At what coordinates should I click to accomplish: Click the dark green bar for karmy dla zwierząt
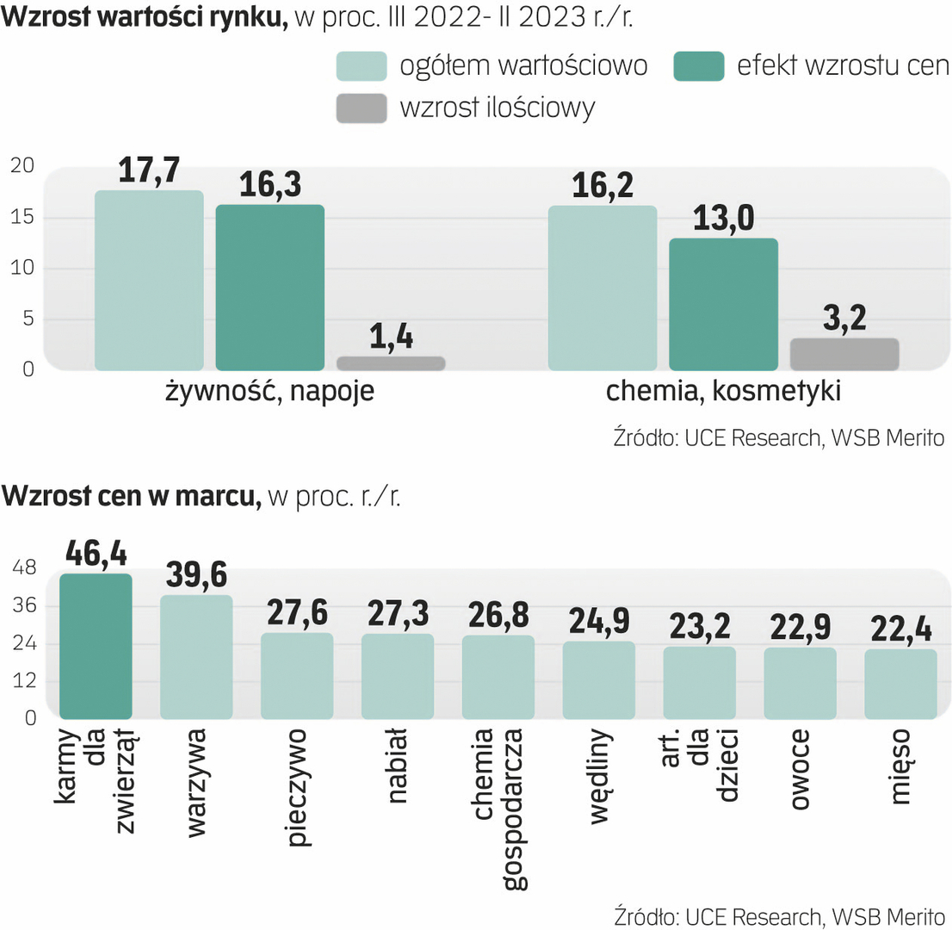point(96,646)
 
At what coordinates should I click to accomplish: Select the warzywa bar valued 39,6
point(196,657)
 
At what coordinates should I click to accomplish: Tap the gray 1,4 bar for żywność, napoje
point(391,363)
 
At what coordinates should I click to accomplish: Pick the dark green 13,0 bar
point(723,304)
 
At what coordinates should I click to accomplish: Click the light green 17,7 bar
point(149,281)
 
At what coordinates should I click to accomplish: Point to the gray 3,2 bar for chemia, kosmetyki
point(844,354)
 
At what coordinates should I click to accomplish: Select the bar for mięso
point(900,684)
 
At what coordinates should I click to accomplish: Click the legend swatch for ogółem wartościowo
point(362,66)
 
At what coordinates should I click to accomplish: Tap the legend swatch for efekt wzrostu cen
point(698,66)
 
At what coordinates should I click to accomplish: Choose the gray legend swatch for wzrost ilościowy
point(362,108)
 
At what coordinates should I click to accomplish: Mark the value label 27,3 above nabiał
point(398,613)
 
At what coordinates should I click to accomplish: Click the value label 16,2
point(603,187)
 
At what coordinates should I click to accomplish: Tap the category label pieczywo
point(298,788)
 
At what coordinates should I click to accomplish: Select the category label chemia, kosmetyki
point(723,392)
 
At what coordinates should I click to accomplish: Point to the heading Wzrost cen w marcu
point(132,496)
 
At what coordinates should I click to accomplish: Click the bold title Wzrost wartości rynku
point(145,17)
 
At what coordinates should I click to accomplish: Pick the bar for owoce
point(800,683)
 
